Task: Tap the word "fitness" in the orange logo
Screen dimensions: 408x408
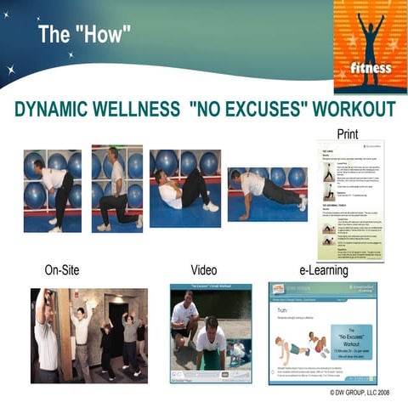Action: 371,67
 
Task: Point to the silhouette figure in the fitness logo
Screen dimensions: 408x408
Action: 371,34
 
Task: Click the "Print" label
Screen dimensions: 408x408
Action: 347,134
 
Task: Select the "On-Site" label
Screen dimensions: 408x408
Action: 62,271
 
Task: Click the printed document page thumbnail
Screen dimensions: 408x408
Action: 350,200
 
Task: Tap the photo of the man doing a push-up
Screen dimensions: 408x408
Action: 267,194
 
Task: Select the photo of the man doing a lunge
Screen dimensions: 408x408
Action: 116,188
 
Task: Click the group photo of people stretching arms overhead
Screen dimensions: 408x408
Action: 88,335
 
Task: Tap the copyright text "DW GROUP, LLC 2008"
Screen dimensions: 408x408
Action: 362,394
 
